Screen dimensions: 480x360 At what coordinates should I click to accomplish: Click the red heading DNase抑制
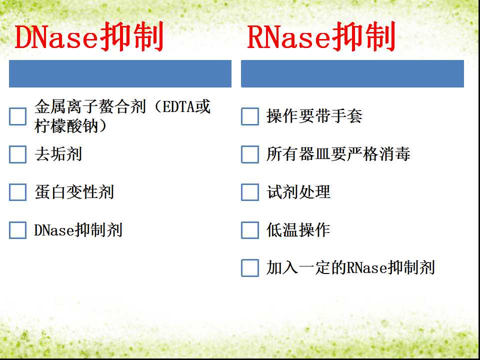(89, 36)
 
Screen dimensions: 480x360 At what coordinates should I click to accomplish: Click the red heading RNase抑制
(321, 36)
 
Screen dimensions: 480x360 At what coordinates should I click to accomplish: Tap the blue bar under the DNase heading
(120, 74)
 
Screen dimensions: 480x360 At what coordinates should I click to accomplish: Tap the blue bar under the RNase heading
(352, 74)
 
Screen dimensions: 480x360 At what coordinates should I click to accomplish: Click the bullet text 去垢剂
(58, 154)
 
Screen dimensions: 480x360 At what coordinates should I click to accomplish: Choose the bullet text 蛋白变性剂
(74, 192)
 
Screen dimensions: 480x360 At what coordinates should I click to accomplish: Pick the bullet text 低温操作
(298, 230)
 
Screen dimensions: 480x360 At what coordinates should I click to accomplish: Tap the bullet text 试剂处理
(298, 192)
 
